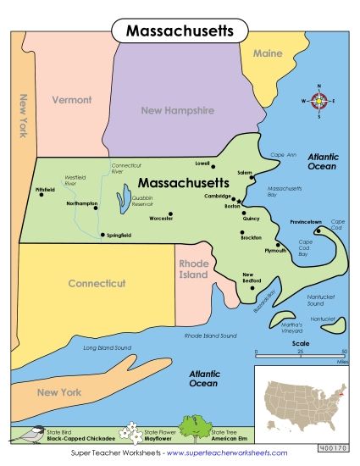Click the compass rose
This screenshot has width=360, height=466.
click(319, 101)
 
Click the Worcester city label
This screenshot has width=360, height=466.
click(161, 219)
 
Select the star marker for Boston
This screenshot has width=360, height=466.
click(240, 201)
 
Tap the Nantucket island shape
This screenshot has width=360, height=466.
click(337, 324)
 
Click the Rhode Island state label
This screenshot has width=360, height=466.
click(193, 269)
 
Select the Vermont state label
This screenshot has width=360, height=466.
click(71, 100)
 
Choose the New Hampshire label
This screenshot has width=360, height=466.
click(178, 110)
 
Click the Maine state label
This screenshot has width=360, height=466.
click(268, 53)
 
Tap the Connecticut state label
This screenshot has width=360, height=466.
click(97, 283)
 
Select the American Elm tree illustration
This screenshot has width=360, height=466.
click(192, 428)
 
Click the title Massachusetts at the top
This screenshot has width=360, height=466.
click(180, 31)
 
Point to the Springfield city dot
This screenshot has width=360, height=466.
click(102, 235)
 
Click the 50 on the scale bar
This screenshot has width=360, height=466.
click(344, 351)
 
